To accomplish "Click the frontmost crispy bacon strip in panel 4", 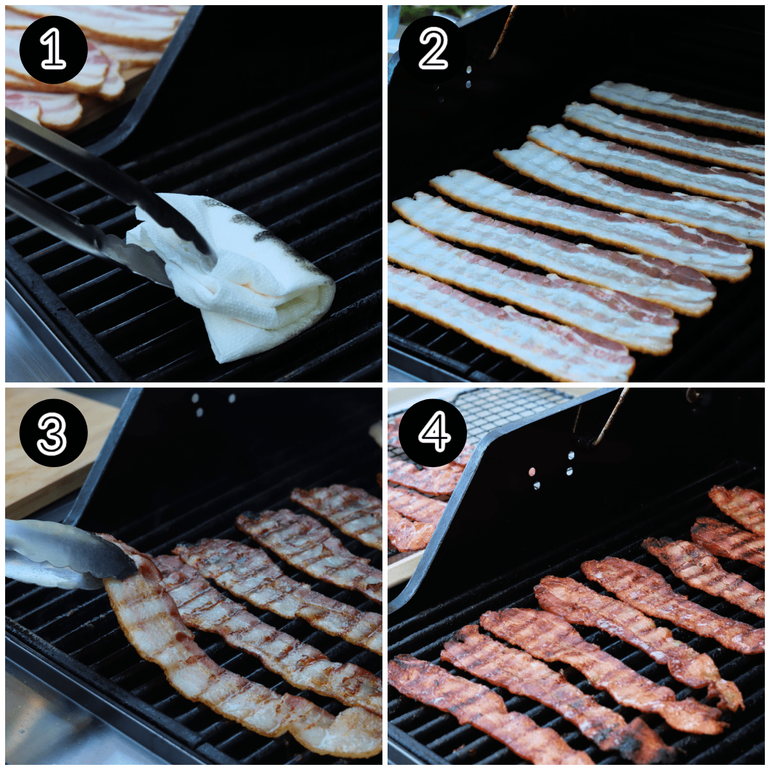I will tap(481, 706).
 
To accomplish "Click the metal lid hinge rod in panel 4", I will tap(610, 417).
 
